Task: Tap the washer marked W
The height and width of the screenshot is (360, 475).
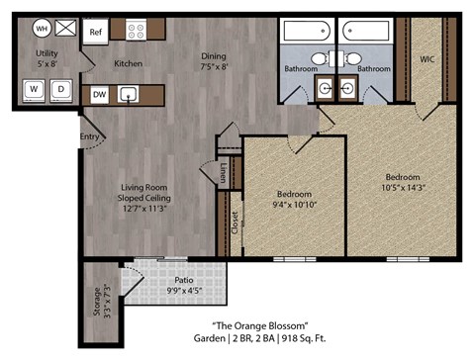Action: tap(35, 89)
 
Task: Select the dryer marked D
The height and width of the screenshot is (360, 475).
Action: tap(60, 89)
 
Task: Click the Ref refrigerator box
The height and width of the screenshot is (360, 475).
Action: tap(96, 32)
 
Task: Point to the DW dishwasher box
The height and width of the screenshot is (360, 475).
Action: tap(99, 95)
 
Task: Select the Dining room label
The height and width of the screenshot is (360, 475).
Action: tap(214, 55)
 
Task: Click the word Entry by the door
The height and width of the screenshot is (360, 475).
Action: tap(89, 136)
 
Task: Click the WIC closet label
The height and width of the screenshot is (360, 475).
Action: tap(427, 59)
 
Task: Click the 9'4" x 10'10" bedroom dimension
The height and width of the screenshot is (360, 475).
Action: tap(295, 204)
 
